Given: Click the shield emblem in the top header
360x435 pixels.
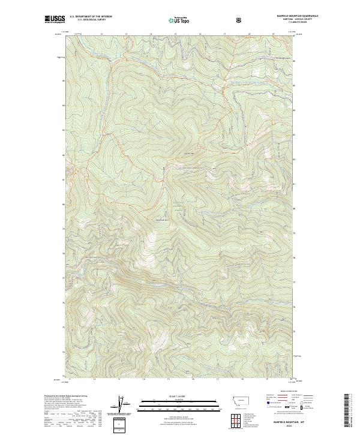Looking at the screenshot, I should pos(241,20).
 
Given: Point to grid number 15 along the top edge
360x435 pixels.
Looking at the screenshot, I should pos(175,34).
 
